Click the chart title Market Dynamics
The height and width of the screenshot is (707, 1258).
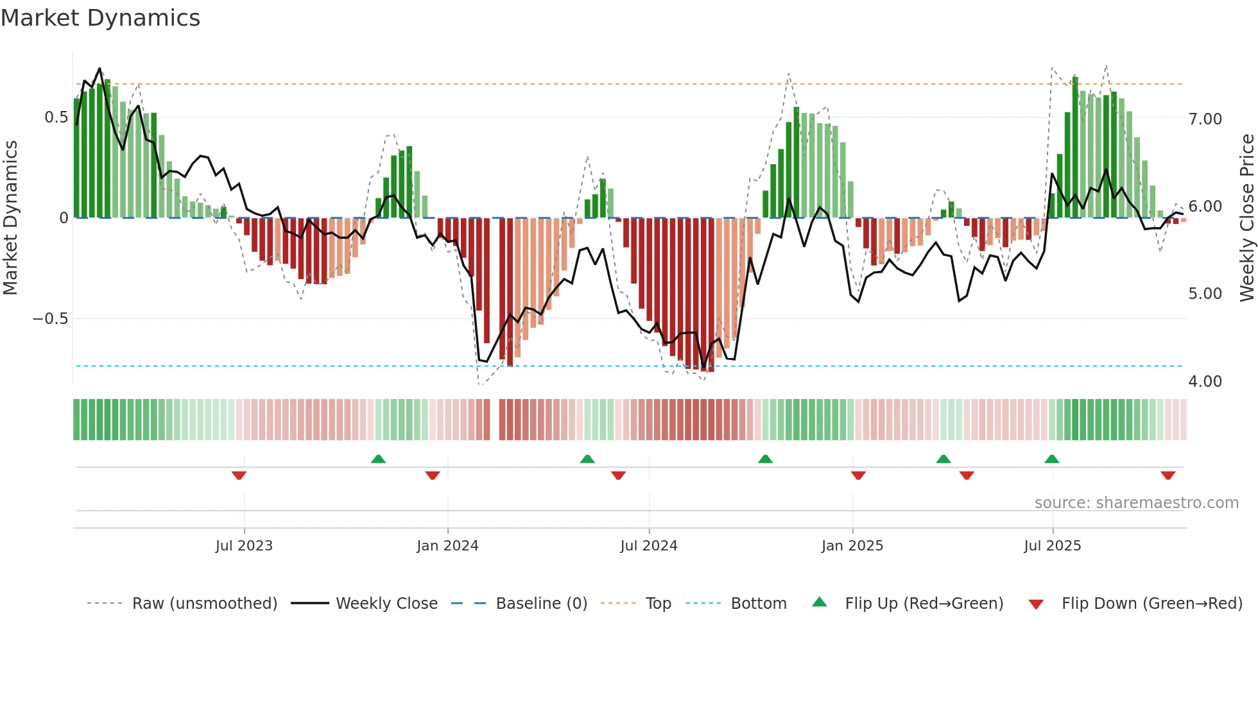[x=101, y=18]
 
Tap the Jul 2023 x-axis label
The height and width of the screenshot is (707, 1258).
[x=244, y=546]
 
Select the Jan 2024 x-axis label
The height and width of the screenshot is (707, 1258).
[x=447, y=546]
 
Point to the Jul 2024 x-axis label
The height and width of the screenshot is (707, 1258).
[x=649, y=546]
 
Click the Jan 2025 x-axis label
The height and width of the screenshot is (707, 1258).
[x=852, y=546]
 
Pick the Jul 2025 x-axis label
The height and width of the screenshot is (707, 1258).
[x=1053, y=546]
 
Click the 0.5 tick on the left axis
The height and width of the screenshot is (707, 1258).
[x=56, y=117]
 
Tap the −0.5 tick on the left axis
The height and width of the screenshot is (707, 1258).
[x=51, y=319]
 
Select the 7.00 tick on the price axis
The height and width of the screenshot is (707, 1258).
[x=1205, y=119]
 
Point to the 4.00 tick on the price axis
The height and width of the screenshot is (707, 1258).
[x=1205, y=382]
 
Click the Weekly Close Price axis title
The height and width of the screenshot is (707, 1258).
[x=1246, y=218]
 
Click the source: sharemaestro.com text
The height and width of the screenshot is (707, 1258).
[x=1136, y=503]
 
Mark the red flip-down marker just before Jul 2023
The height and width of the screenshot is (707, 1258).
[x=239, y=475]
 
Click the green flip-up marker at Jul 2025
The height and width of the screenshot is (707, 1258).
[x=1051, y=459]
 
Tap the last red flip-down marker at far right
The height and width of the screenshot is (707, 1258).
[x=1168, y=475]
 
